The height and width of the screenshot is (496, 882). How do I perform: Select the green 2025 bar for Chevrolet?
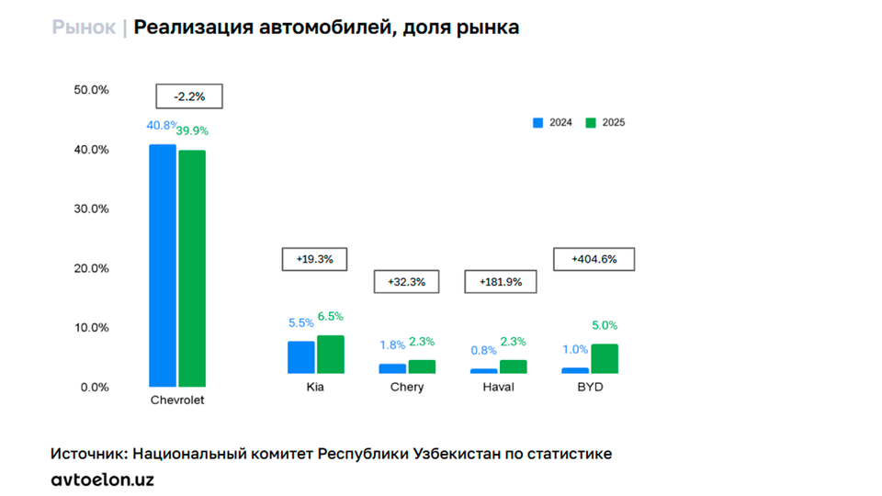[192, 267]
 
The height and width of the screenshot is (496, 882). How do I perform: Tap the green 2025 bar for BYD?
[605, 359]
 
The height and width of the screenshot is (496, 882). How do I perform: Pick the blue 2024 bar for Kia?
[300, 357]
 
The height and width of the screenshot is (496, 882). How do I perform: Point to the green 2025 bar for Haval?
[514, 366]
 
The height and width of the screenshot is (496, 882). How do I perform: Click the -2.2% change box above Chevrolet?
[188, 96]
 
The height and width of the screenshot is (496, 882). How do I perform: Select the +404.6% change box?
[594, 259]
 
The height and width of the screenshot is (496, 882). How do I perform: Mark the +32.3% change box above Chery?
[406, 282]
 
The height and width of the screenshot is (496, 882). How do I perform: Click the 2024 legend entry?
[553, 122]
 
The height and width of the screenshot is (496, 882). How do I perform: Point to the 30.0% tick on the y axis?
[91, 209]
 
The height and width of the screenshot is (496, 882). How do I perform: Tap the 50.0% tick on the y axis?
[91, 90]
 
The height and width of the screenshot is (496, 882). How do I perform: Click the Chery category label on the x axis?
[407, 387]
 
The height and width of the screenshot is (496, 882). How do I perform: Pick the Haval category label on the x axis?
[498, 387]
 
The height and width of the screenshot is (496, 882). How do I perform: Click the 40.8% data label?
[161, 125]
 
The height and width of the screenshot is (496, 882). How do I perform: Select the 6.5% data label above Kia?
[331, 316]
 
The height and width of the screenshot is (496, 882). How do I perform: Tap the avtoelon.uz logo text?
[102, 479]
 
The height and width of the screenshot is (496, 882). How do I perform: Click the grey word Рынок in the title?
[84, 28]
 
